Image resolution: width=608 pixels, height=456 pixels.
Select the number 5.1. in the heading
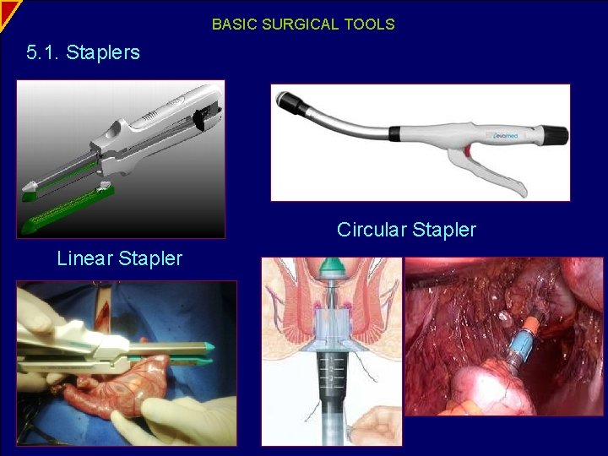pyautogui.click(x=43, y=53)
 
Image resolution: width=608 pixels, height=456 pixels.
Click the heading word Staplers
pyautogui.click(x=103, y=53)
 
